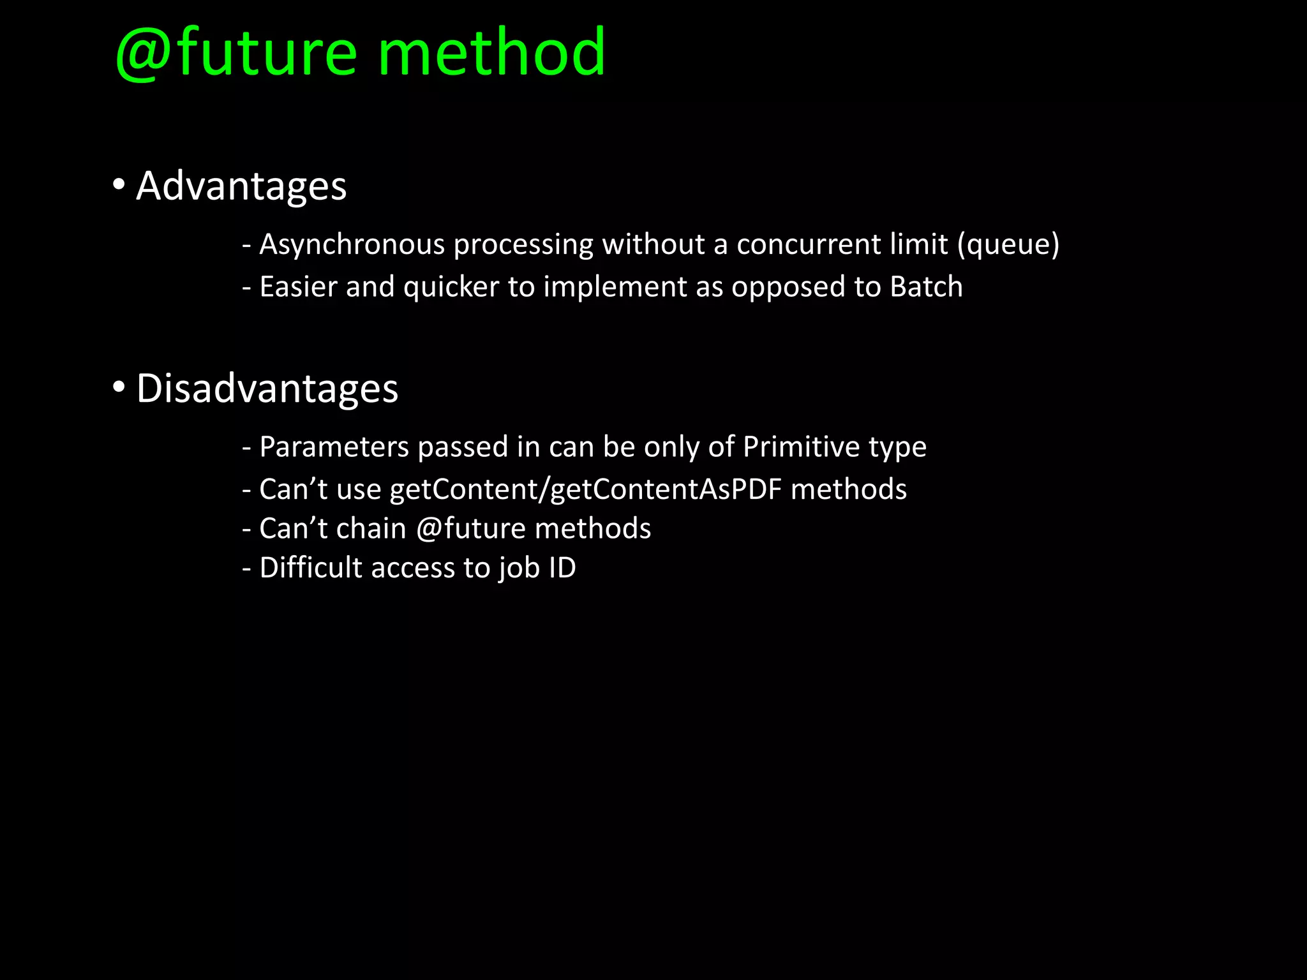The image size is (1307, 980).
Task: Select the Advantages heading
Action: pyautogui.click(x=241, y=186)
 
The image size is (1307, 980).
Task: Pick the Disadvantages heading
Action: pyautogui.click(x=267, y=389)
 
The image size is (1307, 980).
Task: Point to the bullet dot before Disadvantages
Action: pyautogui.click(x=119, y=387)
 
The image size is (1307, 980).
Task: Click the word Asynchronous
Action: pyautogui.click(x=352, y=245)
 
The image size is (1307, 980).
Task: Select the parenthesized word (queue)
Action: pyautogui.click(x=1008, y=245)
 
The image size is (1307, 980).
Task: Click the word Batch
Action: pyautogui.click(x=926, y=286)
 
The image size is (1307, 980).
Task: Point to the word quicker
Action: pyautogui.click(x=451, y=287)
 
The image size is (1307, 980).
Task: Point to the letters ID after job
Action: pyautogui.click(x=562, y=568)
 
